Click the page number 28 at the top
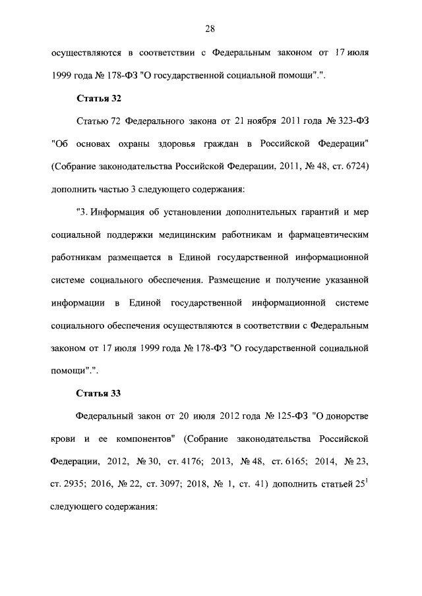(x=210, y=28)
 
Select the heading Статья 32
(x=98, y=98)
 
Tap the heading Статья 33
(x=98, y=393)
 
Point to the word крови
(x=63, y=439)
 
